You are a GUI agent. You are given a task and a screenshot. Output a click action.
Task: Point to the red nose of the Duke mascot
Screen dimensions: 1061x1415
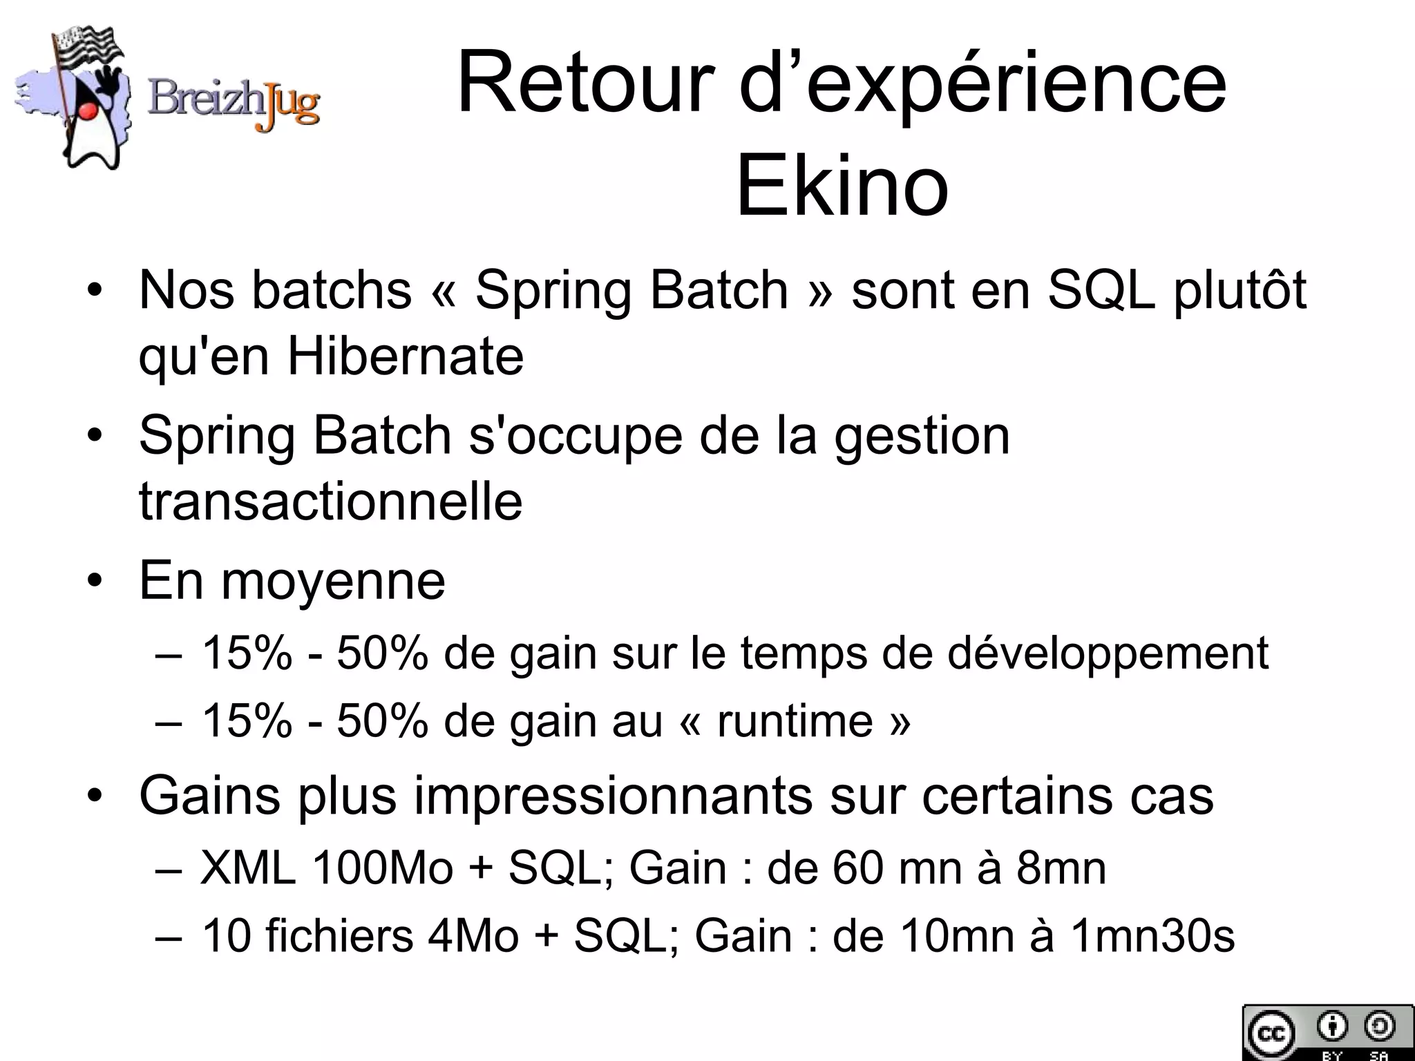(x=86, y=111)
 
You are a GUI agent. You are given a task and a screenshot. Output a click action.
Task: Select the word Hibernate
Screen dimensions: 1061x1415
(x=406, y=356)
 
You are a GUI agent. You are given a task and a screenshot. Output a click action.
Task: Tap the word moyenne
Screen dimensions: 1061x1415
(x=333, y=581)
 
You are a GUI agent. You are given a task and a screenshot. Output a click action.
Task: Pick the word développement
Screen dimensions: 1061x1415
(x=1108, y=653)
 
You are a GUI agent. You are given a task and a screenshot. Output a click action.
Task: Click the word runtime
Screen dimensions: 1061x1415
(x=795, y=721)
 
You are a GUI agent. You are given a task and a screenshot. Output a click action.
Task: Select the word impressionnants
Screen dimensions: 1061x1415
(x=614, y=796)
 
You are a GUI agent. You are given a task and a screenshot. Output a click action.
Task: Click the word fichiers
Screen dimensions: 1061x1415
(x=339, y=936)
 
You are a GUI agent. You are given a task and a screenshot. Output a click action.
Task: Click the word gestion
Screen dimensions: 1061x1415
(x=922, y=436)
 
